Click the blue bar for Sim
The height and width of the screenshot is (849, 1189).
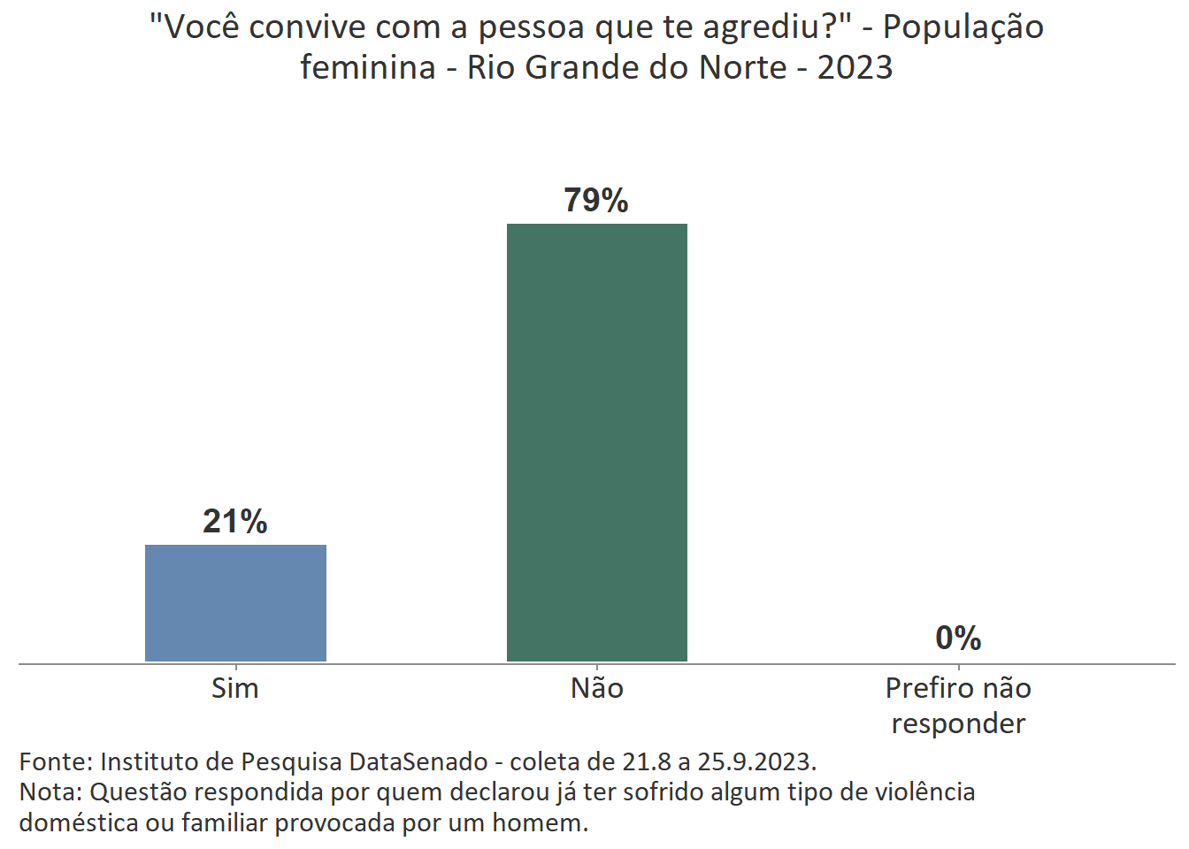235,602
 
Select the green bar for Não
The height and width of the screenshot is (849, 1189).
596,442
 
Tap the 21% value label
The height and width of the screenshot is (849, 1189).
235,522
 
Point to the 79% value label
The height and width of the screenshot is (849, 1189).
596,201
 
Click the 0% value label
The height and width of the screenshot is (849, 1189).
958,638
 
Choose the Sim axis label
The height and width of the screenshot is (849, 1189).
235,688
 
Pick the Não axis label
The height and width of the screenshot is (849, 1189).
596,688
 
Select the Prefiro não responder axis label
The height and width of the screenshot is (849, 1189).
958,705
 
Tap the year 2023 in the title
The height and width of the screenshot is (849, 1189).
855,67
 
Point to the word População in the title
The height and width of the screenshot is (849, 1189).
963,28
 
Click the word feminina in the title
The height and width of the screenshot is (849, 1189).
367,67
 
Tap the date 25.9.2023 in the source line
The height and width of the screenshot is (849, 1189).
756,761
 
